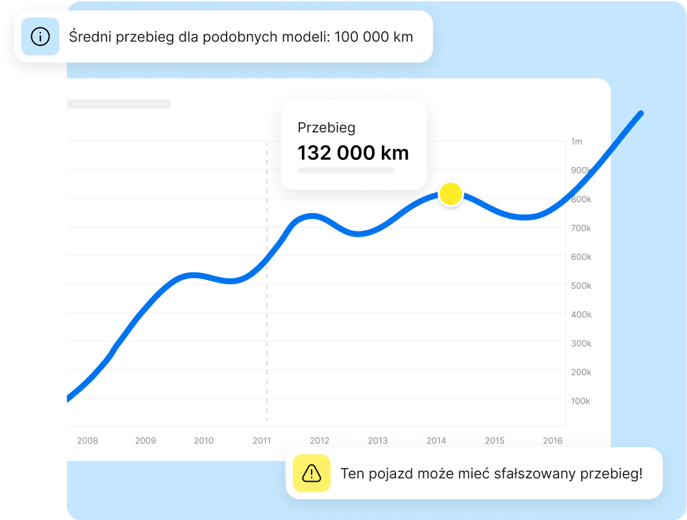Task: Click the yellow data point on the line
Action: tap(451, 194)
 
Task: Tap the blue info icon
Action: tap(40, 36)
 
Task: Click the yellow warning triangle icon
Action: tap(312, 473)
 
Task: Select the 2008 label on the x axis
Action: tap(88, 441)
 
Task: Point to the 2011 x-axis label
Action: tap(262, 441)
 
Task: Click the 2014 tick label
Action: tap(436, 441)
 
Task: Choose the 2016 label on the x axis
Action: tap(553, 441)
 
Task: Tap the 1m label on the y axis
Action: tap(577, 142)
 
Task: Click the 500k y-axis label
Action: tap(581, 286)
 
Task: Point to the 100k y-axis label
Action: tap(581, 401)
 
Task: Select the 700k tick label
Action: tap(581, 228)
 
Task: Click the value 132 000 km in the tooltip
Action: tap(353, 153)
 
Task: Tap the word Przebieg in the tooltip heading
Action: tap(327, 128)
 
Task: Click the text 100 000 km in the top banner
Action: tap(373, 37)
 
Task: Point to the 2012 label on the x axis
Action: tap(319, 441)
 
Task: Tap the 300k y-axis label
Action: tap(581, 343)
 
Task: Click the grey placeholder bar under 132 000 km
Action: tap(346, 170)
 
